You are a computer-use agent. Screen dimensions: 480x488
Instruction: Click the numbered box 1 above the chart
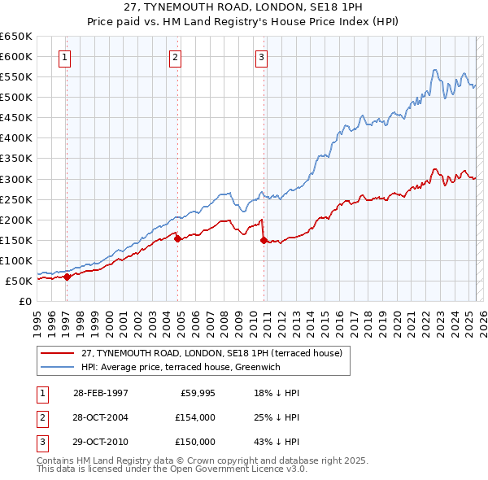tap(63, 57)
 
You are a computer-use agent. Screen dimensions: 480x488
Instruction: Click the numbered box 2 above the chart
tap(175, 57)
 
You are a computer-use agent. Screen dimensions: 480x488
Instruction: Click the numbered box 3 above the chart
tap(261, 57)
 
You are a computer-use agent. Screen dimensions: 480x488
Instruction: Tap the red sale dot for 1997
tap(68, 277)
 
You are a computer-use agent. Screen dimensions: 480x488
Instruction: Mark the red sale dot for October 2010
tap(264, 240)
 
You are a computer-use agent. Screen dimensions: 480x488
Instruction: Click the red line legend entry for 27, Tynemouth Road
tap(216, 353)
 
